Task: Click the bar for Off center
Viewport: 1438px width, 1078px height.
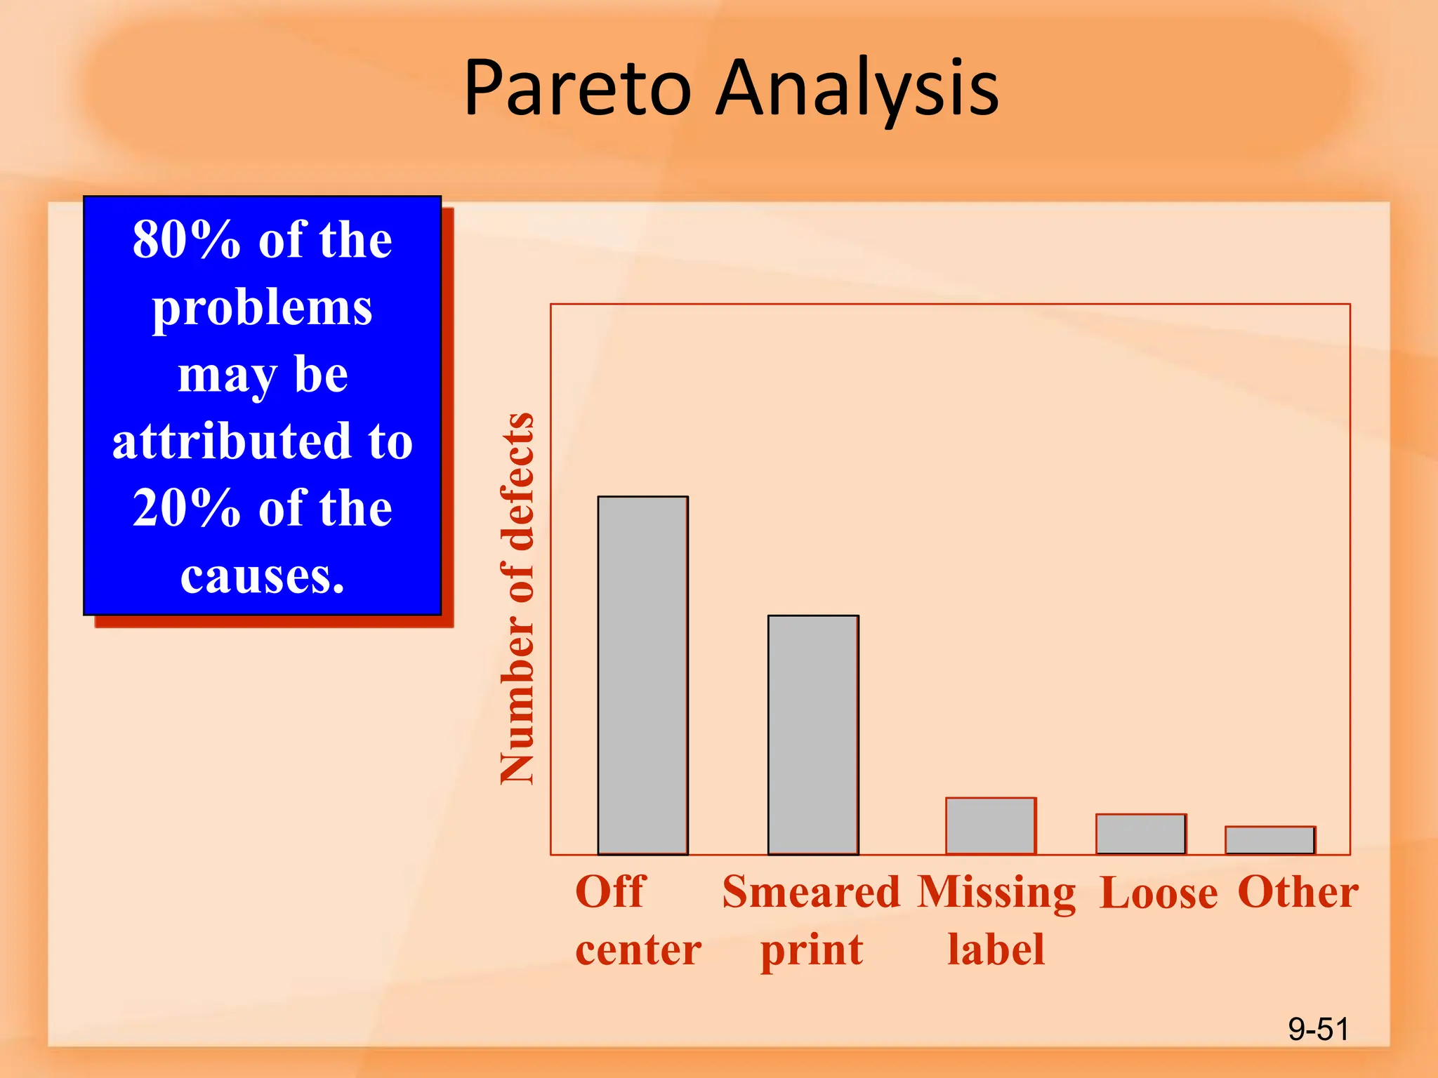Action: point(642,675)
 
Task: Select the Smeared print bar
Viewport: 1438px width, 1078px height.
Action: point(813,735)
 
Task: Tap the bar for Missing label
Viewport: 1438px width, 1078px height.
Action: point(991,826)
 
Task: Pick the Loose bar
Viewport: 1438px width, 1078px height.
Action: point(1141,834)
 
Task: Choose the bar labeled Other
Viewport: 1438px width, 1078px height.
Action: point(1270,841)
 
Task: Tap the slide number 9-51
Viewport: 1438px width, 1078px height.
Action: point(1318,1030)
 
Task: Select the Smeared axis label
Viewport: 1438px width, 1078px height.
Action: point(811,892)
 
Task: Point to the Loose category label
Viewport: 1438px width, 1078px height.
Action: point(1159,893)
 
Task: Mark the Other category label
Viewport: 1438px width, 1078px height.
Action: point(1298,892)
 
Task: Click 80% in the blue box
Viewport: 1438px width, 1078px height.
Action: point(187,240)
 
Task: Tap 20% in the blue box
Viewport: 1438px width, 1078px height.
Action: point(187,508)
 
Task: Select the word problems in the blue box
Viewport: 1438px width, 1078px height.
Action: point(262,309)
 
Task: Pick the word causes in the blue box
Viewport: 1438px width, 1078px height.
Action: point(262,577)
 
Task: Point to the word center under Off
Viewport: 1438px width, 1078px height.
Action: point(638,950)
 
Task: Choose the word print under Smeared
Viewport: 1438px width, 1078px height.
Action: point(812,950)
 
